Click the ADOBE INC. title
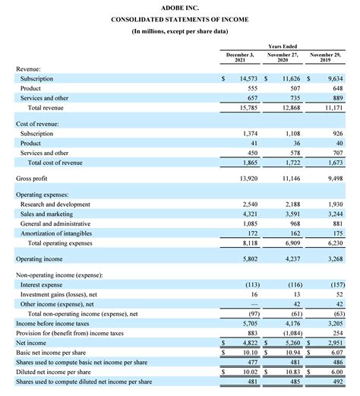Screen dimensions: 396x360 pos(180,7)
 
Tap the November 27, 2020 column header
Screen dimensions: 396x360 pos(283,59)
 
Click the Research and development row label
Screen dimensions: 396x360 pos(57,204)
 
